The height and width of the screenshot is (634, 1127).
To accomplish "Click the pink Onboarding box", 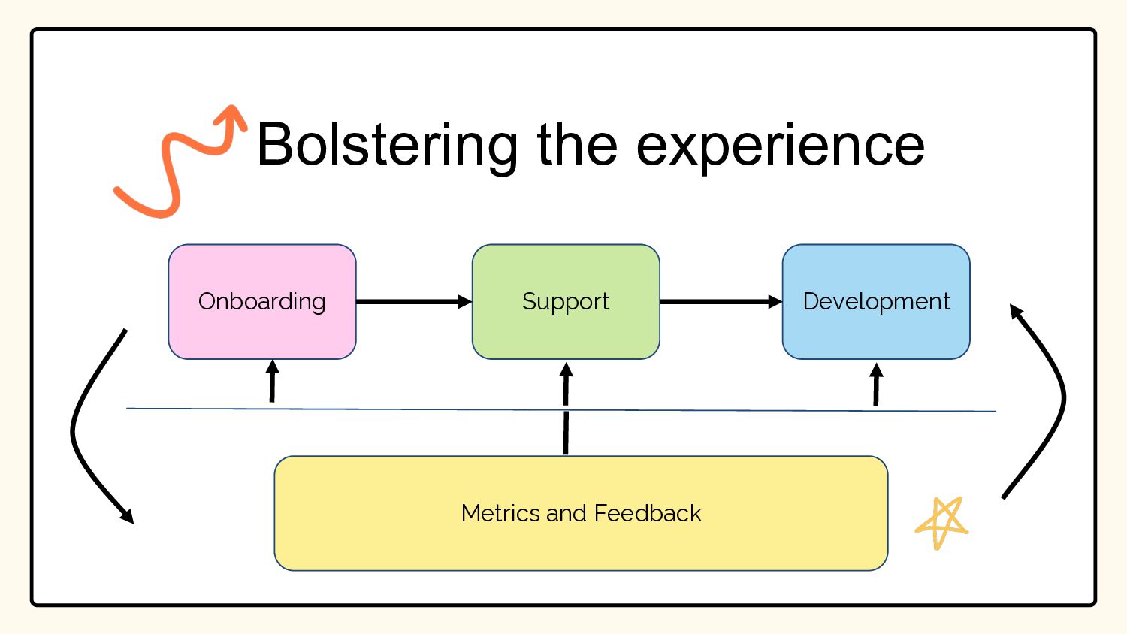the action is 262,302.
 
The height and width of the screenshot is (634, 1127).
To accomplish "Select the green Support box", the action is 566,302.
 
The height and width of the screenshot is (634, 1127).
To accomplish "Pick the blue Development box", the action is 876,302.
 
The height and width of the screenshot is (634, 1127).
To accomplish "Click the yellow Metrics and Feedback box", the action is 581,513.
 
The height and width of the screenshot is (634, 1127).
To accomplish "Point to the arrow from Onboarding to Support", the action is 414,302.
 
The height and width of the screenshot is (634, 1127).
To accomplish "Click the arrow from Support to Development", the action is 721,302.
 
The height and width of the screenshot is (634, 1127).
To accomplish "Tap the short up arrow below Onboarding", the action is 272,381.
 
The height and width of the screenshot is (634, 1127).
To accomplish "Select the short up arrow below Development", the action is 876,385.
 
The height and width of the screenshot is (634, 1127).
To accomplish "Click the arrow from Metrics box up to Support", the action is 566,409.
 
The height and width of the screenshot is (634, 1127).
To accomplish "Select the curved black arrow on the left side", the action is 73,427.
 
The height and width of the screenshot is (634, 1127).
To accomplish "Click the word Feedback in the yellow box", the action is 648,513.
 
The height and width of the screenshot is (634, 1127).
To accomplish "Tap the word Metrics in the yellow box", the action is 501,513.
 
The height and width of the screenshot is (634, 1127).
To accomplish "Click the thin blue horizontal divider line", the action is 561,409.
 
